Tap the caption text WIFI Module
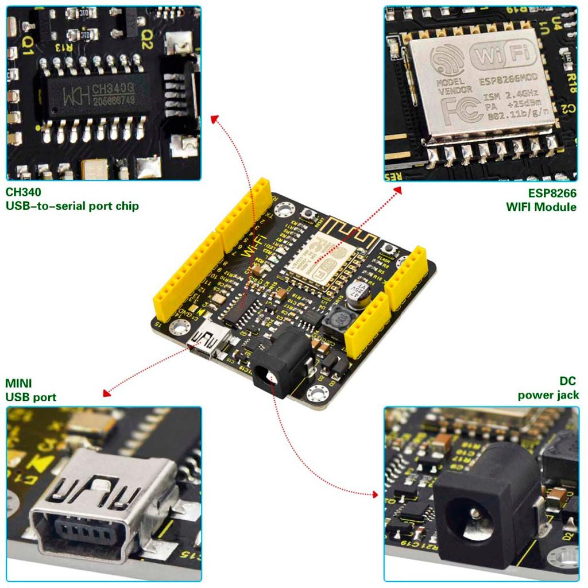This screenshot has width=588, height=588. tap(541, 207)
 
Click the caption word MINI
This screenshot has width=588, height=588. tap(18, 383)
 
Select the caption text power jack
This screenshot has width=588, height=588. tap(548, 395)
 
